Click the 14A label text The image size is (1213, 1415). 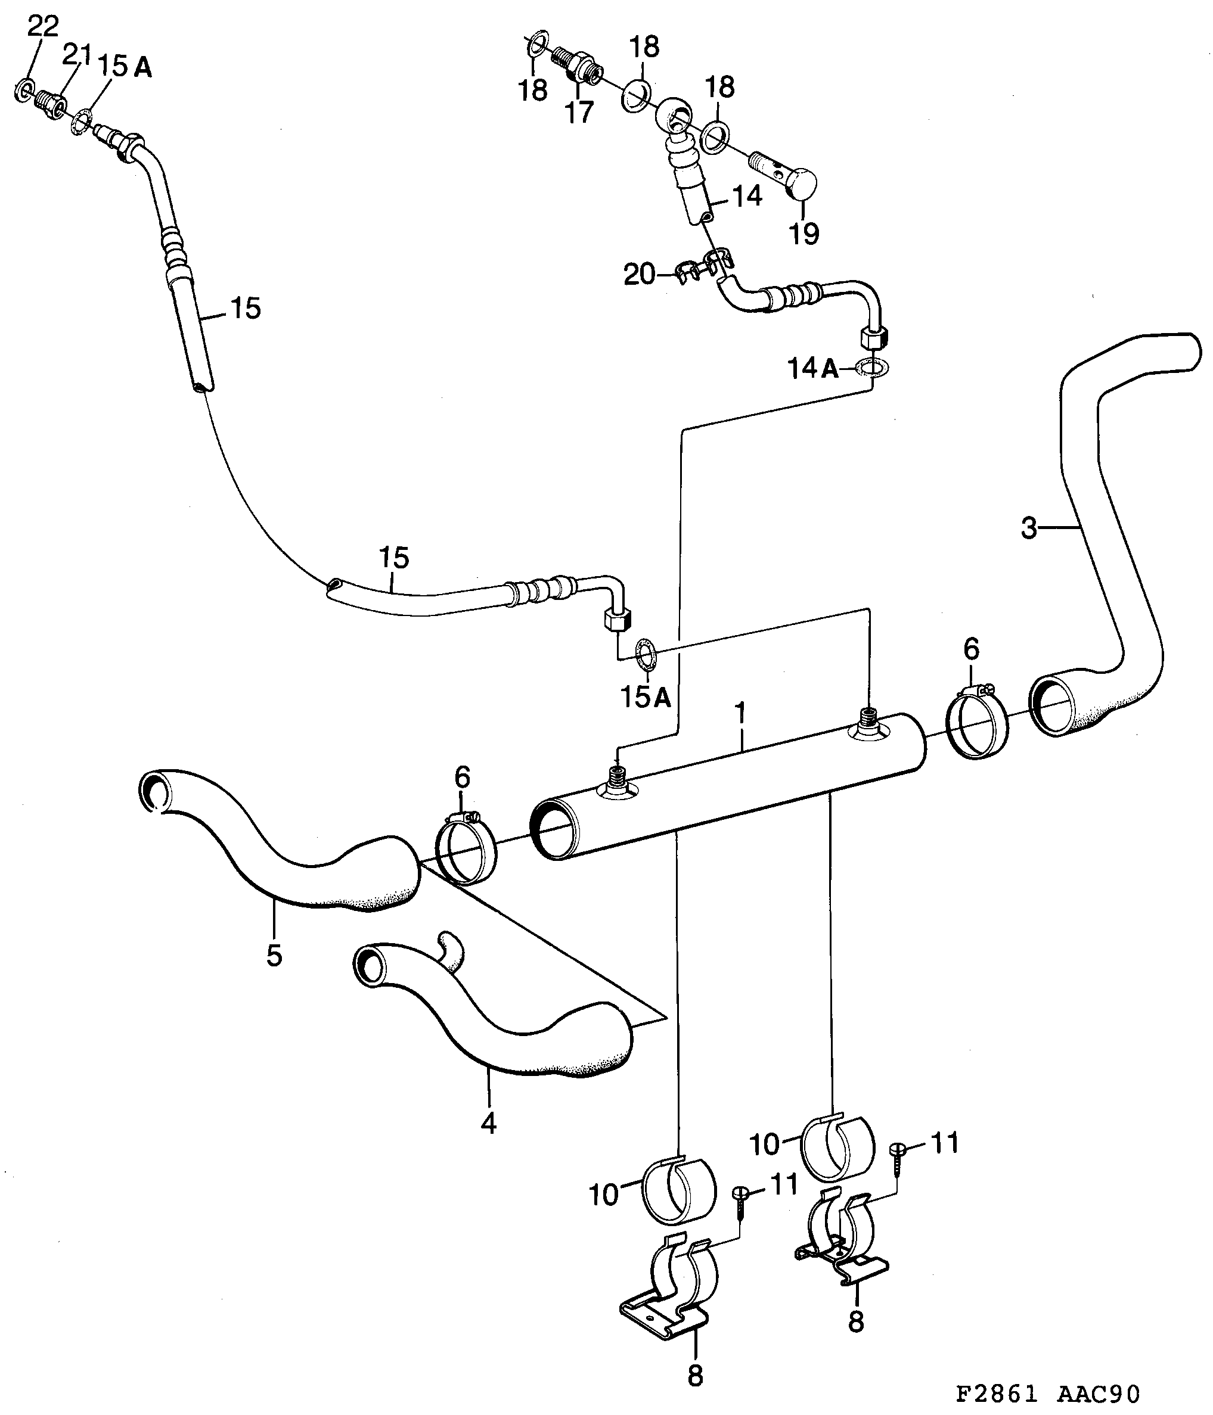point(812,369)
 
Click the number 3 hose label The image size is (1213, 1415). point(1028,528)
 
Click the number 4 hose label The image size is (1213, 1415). point(488,1122)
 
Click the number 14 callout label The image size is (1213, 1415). point(747,197)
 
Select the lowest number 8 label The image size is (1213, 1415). point(694,1376)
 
